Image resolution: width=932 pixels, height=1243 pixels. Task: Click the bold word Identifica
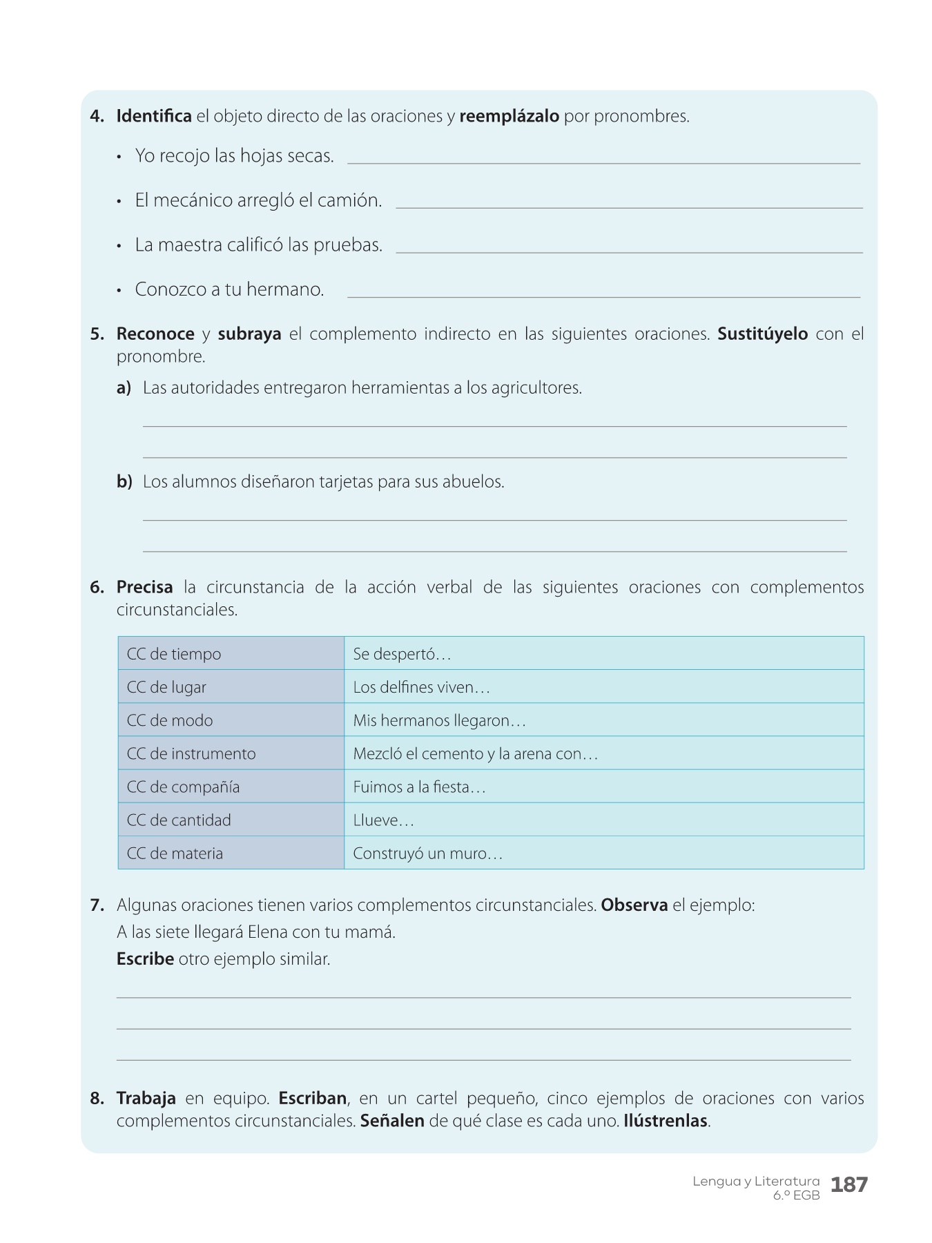pyautogui.click(x=154, y=116)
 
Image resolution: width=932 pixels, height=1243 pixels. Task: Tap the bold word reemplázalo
pyautogui.click(x=509, y=116)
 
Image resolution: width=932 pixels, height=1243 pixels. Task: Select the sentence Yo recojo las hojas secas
pyautogui.click(x=234, y=156)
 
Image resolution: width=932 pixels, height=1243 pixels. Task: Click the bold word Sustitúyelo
pyautogui.click(x=762, y=334)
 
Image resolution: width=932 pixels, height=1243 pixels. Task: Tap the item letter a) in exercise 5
pyautogui.click(x=124, y=388)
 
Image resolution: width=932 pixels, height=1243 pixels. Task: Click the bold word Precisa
pyautogui.click(x=145, y=588)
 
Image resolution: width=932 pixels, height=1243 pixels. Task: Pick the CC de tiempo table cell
pyautogui.click(x=231, y=653)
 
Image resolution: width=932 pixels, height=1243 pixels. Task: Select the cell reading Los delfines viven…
pyautogui.click(x=603, y=687)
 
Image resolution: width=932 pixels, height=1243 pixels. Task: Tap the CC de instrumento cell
pyautogui.click(x=231, y=753)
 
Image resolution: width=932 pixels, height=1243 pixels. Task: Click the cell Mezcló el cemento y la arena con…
pyautogui.click(x=603, y=753)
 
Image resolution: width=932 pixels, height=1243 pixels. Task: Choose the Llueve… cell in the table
pyautogui.click(x=603, y=820)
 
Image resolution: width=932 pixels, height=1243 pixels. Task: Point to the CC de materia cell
pyautogui.click(x=231, y=853)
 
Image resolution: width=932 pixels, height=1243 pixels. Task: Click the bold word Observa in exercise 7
pyautogui.click(x=634, y=905)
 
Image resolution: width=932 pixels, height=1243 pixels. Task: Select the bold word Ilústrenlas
pyautogui.click(x=666, y=1121)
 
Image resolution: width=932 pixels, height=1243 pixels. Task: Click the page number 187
pyautogui.click(x=848, y=1185)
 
